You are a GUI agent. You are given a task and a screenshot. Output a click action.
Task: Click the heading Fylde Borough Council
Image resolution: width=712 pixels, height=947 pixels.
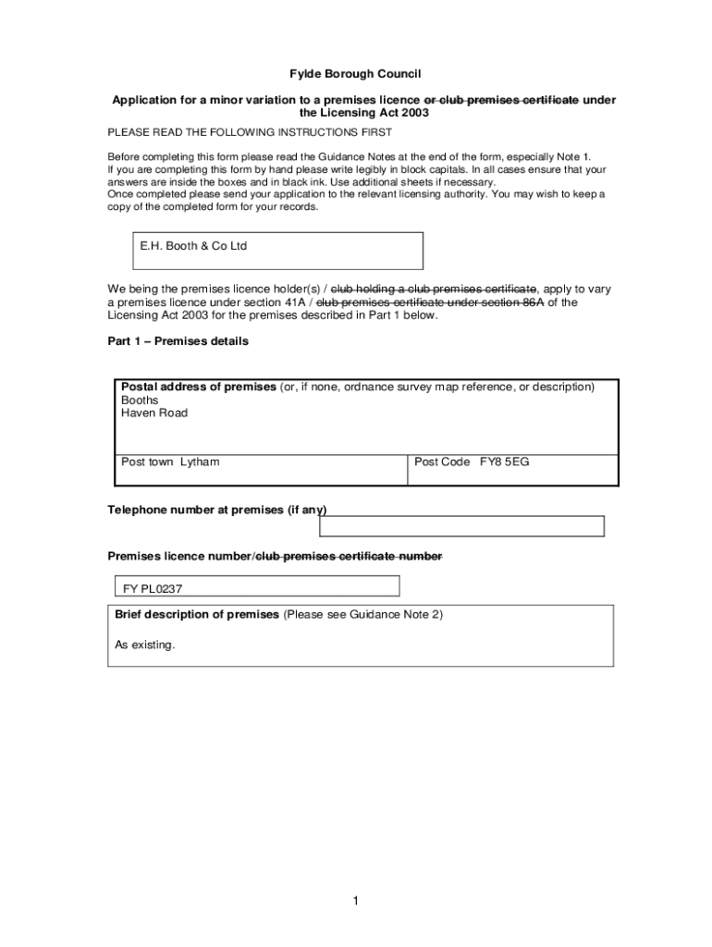(x=356, y=74)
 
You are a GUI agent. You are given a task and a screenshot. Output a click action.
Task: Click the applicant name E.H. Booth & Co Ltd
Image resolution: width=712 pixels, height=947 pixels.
(x=193, y=246)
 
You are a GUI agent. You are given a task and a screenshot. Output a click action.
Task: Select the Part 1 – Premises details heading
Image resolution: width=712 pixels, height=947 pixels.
(x=178, y=341)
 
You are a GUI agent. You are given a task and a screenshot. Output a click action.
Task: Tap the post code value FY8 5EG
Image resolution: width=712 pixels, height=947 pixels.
(x=504, y=461)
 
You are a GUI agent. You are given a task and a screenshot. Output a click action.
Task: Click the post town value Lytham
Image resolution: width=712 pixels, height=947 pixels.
(x=200, y=461)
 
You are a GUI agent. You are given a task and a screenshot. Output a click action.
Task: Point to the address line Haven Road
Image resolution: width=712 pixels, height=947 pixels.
(x=154, y=413)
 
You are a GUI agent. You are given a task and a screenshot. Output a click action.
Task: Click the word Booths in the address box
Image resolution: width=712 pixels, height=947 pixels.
(x=140, y=400)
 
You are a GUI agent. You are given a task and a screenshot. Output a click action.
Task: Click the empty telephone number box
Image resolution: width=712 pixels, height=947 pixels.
(x=461, y=526)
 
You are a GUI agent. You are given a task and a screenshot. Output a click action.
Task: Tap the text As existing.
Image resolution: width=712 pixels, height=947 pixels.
(x=144, y=645)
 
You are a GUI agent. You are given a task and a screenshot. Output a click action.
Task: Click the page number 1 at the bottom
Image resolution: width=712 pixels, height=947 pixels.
(x=355, y=902)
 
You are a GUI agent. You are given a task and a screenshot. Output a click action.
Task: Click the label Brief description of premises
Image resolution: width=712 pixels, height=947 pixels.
(x=196, y=614)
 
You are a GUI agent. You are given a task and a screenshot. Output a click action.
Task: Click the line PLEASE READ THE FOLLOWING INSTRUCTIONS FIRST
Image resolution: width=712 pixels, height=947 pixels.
(x=250, y=132)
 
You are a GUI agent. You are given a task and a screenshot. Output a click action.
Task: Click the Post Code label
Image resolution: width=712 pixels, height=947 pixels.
(x=442, y=461)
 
